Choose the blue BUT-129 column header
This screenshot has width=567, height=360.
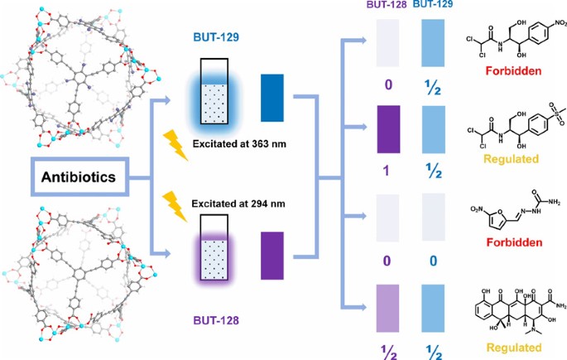pyautogui.click(x=435, y=7)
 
